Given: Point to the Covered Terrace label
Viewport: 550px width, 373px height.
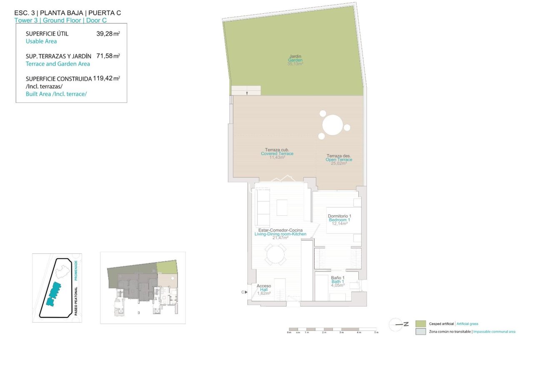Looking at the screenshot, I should click(277, 153).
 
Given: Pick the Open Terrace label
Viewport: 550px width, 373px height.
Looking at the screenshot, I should click(339, 160).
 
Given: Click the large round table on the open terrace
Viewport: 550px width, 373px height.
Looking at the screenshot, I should click(333, 125).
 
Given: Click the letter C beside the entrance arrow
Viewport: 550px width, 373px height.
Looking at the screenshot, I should click(242, 292).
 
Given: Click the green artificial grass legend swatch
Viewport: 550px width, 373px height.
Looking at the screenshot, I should click(420, 324).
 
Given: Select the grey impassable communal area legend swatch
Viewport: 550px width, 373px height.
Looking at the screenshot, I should click(420, 332).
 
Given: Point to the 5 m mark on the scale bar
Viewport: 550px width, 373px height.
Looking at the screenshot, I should click(376, 332).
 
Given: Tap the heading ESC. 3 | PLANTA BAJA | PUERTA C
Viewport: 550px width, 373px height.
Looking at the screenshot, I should click(67, 13).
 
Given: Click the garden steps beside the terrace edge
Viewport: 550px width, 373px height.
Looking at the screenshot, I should click(246, 90).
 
